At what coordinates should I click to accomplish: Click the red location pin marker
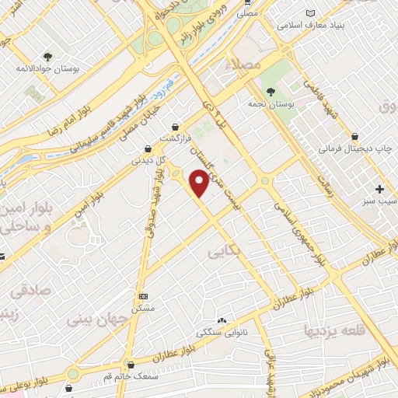click(x=200, y=183)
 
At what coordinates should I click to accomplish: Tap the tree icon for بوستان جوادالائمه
click(x=48, y=57)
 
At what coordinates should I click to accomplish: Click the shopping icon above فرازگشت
click(x=177, y=126)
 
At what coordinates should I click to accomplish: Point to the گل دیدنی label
click(x=147, y=162)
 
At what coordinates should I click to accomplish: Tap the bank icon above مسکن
click(x=143, y=296)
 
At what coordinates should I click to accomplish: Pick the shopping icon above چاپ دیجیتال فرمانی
click(x=354, y=135)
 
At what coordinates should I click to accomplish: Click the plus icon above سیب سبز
click(x=380, y=189)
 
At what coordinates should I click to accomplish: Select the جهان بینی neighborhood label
click(x=99, y=318)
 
